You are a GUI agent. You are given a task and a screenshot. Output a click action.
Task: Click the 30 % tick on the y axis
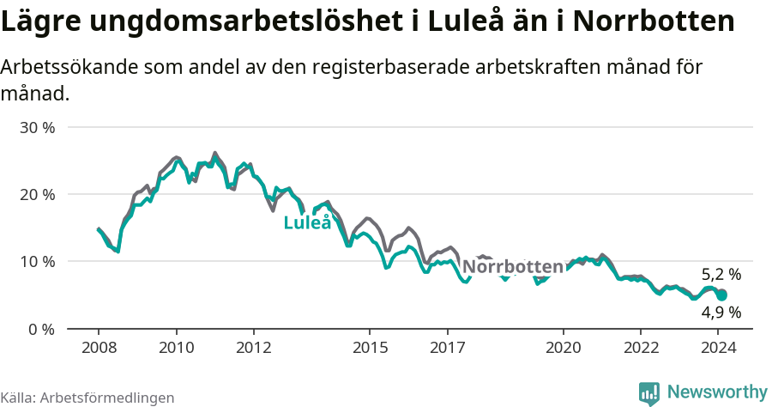point(37,127)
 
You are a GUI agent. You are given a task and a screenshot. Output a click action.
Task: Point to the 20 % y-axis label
point(37,194)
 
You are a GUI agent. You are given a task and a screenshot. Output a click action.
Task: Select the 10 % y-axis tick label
point(37,261)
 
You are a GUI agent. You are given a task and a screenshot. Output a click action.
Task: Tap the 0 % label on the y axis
point(41,328)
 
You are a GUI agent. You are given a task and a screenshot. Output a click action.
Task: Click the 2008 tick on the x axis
point(99,347)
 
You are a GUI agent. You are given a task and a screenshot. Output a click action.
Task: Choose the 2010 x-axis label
point(176,347)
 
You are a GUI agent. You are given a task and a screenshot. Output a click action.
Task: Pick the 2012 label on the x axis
point(253,347)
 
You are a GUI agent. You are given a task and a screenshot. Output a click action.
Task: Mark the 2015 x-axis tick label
point(370,347)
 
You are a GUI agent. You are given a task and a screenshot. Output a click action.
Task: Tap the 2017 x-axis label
point(447,347)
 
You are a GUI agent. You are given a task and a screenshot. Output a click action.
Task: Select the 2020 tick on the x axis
point(563,347)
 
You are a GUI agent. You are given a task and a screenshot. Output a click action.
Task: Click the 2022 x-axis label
point(641,347)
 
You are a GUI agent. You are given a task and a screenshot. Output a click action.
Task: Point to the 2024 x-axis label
point(718,347)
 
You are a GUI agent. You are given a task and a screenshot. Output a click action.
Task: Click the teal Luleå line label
point(308,223)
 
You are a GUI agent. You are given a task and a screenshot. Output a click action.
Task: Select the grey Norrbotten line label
point(513,266)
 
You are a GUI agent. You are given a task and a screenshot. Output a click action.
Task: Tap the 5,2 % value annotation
point(721,275)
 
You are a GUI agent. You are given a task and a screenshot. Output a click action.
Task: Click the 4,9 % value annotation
point(721,313)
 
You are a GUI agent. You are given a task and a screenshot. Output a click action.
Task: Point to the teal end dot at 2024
point(722,295)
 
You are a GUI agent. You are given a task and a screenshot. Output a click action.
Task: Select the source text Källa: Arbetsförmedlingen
point(87,398)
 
